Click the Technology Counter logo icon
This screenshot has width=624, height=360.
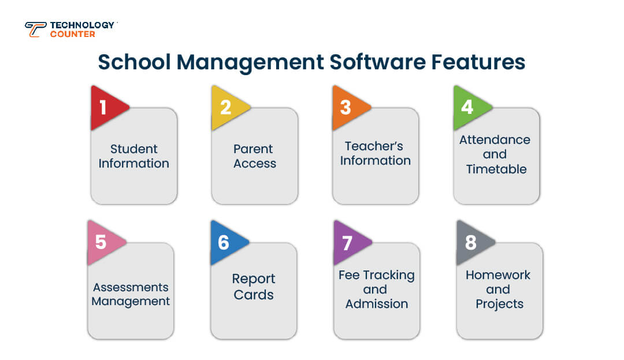35,29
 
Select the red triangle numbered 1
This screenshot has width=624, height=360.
106,107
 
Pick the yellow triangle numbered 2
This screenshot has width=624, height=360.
227,107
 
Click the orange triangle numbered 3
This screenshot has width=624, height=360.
347,107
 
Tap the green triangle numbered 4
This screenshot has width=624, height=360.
469,107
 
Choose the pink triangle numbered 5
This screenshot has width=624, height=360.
103,242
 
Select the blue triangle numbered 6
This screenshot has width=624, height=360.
225,242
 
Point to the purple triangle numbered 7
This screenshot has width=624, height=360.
348,242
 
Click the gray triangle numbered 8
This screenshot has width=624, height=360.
472,242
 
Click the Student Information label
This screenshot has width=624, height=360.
133,156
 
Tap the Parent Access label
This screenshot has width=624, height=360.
255,156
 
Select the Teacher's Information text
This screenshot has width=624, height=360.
375,153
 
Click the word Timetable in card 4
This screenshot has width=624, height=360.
496,169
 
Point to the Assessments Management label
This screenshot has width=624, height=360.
131,294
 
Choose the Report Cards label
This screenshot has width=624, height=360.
254,287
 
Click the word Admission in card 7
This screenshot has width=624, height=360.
377,304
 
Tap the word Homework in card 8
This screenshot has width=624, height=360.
497,275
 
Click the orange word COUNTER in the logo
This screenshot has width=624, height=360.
73,34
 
